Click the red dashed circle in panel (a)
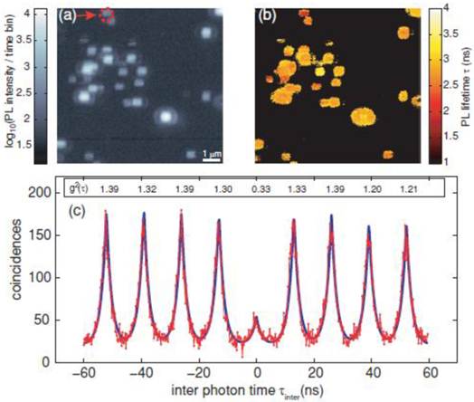(107, 14)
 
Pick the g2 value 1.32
(144, 189)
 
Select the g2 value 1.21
(408, 189)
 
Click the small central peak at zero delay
(257, 320)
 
